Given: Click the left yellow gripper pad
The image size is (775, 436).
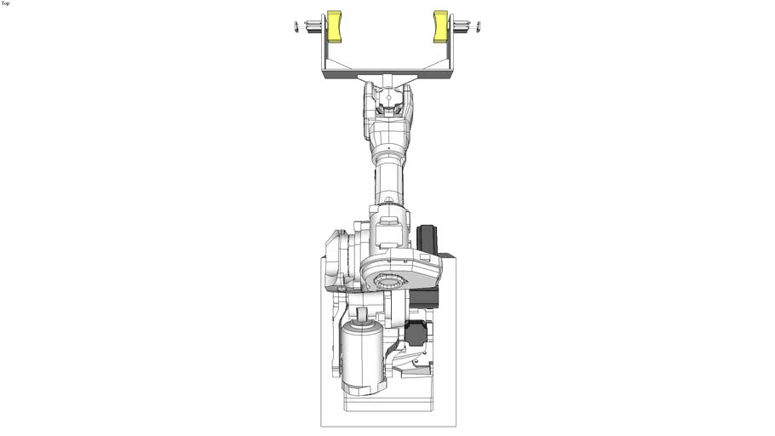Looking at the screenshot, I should [334, 26].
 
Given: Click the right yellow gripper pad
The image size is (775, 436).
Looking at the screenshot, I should [440, 26].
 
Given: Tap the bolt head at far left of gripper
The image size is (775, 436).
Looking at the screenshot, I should [296, 26].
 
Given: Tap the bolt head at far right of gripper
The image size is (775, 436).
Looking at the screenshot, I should [479, 26].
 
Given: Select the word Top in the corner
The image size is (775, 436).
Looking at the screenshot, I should [6, 3].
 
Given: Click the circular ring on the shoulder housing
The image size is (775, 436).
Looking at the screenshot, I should [394, 280].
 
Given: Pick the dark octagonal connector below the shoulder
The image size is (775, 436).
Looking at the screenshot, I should [415, 334].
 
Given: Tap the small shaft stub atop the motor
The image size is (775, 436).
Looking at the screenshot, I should [362, 316].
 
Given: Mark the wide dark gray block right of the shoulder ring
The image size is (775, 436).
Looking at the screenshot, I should [424, 297].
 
